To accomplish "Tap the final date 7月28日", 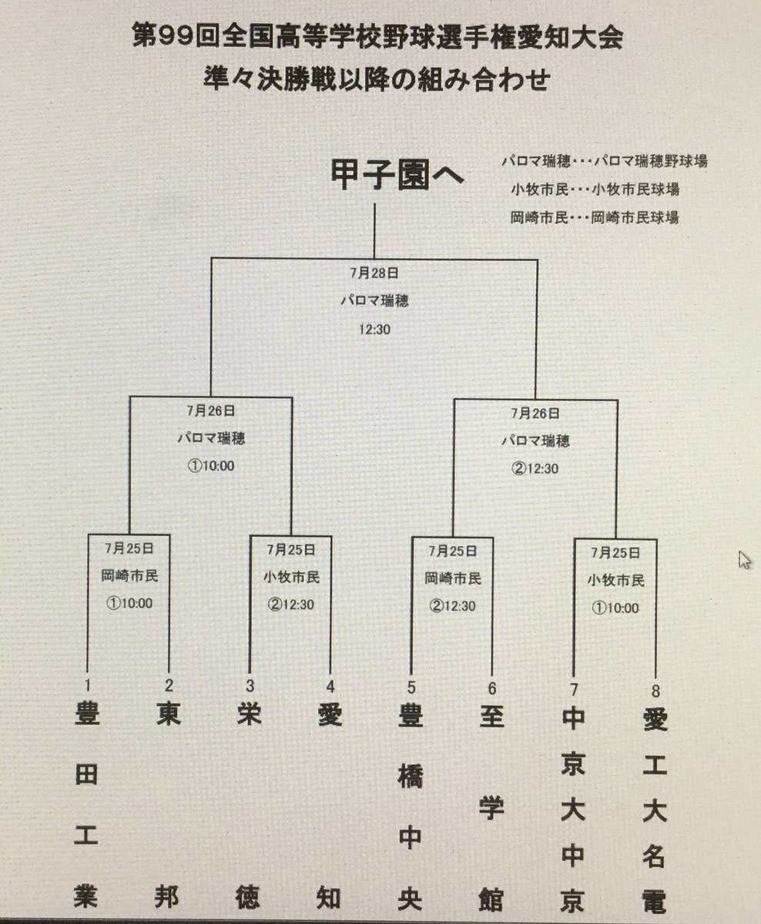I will pos(375,272).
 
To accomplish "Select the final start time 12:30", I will pos(375,330).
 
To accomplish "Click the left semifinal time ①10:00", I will pos(210,465).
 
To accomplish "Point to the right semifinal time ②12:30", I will pos(535,465).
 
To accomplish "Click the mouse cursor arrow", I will pos(743,558).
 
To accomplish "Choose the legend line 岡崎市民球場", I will pos(594,217).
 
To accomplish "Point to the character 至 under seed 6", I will pos(491,718).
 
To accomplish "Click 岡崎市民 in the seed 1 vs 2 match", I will pos(129,575).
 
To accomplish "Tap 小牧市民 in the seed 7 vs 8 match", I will pos(615,579).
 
